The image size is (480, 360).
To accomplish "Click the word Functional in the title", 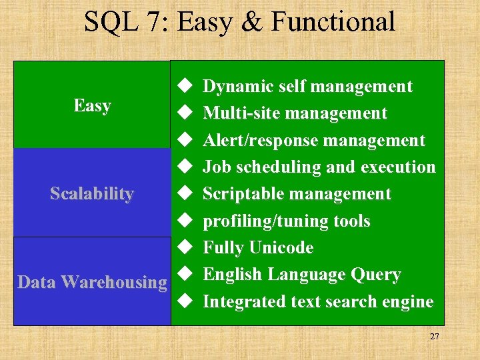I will click(333, 21).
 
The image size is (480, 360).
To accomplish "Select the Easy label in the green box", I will click(92, 105).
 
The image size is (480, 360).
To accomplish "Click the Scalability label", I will click(92, 193).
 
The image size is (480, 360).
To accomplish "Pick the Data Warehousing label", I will click(92, 282).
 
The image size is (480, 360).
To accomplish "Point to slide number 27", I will click(434, 337).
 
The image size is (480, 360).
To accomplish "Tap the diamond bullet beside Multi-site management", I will click(185, 113).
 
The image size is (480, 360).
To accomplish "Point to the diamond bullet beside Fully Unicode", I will click(185, 248).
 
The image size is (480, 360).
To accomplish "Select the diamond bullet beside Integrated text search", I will click(185, 302).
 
